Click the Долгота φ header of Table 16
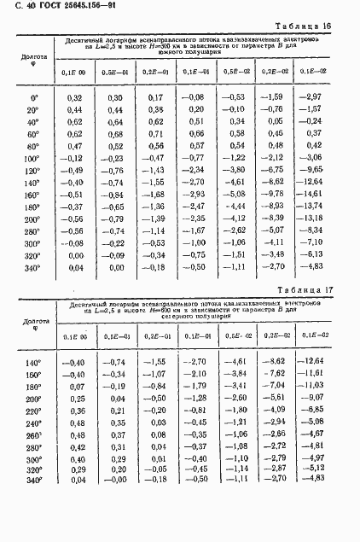coord(31,62)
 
